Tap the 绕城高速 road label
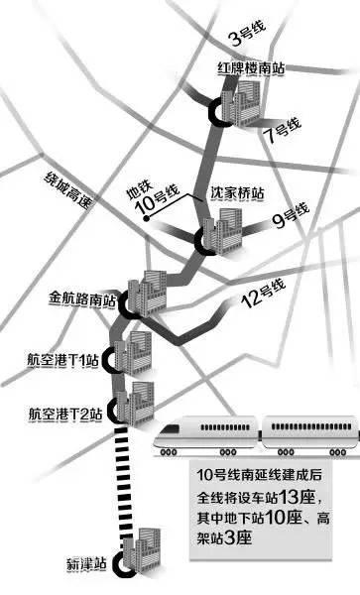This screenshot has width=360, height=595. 67,189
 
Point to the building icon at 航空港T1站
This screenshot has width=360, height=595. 131,348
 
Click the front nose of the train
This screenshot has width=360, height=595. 175,430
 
